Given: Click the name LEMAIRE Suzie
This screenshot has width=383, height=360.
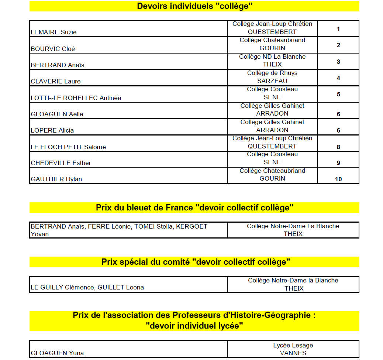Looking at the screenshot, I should click(x=54, y=32).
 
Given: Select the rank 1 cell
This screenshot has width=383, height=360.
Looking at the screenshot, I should click(x=338, y=29).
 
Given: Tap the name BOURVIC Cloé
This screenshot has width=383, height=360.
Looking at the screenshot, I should click(x=53, y=49).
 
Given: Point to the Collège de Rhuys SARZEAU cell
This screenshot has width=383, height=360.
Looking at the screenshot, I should click(x=272, y=77).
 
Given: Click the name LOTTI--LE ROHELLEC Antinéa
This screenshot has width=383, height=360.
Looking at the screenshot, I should click(x=76, y=98).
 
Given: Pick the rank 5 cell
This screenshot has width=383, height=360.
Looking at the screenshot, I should click(x=338, y=94).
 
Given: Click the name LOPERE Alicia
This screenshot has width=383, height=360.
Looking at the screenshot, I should click(x=52, y=130).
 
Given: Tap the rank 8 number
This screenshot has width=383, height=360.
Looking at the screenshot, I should click(x=338, y=147).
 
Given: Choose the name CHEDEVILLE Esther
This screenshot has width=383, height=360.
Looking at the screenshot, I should click(x=61, y=163).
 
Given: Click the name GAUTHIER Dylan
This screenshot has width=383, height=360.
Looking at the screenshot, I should click(x=56, y=179).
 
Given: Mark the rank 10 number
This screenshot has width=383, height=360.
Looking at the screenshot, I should click(x=338, y=179).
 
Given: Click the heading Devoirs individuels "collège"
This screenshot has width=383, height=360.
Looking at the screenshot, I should click(x=194, y=6).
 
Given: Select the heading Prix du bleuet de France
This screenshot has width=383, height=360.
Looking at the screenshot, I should click(x=194, y=208).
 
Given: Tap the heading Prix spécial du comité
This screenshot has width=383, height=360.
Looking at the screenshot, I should click(x=196, y=262).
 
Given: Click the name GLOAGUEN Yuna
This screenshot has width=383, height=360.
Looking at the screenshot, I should click(x=57, y=353).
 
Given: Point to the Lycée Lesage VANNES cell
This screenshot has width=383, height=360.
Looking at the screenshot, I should click(x=293, y=349).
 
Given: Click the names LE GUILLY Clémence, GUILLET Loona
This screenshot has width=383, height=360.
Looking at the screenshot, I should click(x=87, y=287).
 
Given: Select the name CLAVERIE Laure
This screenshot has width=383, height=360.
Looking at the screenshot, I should click(x=56, y=81).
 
